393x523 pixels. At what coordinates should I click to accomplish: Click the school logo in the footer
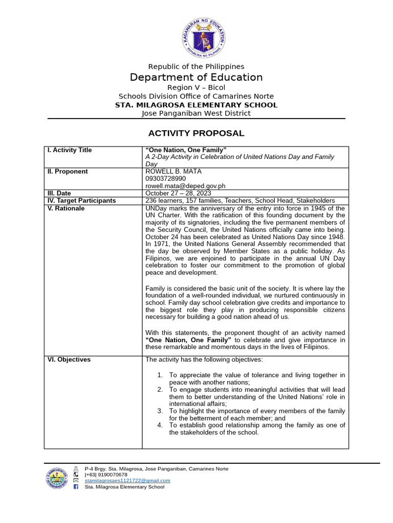[x=57, y=478]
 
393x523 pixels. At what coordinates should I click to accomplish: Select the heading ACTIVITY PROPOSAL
[x=196, y=133]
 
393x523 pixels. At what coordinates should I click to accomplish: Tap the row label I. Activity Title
[x=70, y=150]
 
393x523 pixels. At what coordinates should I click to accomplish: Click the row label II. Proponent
[x=68, y=172]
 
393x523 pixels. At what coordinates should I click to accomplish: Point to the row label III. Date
[x=60, y=193]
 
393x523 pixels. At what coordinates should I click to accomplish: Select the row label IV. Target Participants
[x=81, y=201]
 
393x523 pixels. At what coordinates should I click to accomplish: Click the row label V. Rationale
[x=66, y=208]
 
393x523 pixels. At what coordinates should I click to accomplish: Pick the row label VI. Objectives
[x=69, y=360]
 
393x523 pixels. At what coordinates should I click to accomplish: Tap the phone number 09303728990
[x=166, y=179]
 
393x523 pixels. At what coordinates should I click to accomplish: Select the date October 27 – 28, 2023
[x=178, y=193]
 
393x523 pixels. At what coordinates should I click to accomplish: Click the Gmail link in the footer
[x=127, y=481]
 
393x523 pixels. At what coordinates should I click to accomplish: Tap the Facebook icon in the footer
[x=76, y=487]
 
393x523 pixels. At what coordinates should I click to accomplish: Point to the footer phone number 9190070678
[x=106, y=474]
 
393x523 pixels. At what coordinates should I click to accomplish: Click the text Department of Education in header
[x=196, y=77]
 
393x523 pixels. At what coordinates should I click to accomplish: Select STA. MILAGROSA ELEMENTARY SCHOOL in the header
[x=196, y=105]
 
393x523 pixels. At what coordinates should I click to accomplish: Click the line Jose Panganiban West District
[x=196, y=113]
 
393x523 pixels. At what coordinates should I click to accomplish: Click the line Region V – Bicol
[x=196, y=87]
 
